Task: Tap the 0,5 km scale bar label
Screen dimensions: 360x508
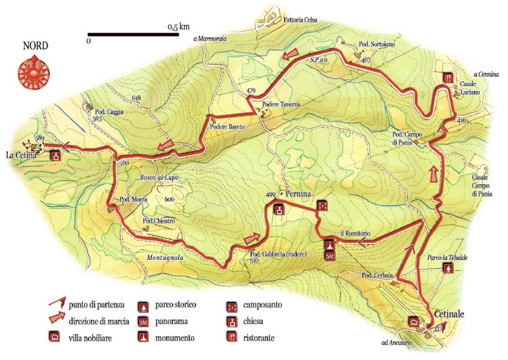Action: click(178, 27)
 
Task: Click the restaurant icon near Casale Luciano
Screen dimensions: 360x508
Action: click(447, 78)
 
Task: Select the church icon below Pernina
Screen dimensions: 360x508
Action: click(279, 210)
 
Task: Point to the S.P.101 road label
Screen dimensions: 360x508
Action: click(318, 61)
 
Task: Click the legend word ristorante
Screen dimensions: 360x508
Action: click(260, 338)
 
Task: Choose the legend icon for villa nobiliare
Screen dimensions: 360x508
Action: click(54, 338)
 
